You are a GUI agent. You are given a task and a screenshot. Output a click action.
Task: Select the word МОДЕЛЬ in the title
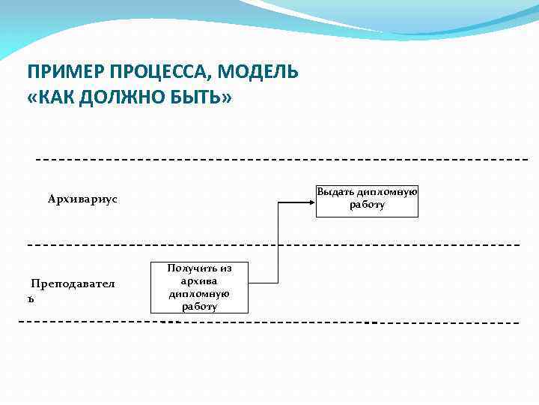pos(261,72)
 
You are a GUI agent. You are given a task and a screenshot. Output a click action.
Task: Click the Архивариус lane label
pos(82,199)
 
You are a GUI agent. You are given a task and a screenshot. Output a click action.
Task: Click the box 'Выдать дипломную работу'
pos(367,201)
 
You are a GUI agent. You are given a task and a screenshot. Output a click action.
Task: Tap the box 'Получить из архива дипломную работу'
pos(199,287)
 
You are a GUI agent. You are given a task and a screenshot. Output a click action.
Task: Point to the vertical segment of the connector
pos(278,240)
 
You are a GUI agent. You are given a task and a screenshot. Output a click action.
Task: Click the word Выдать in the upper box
pos(335,192)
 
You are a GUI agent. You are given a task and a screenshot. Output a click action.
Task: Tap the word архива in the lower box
pos(198,280)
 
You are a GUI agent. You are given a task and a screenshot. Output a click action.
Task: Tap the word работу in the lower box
pos(199,306)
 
